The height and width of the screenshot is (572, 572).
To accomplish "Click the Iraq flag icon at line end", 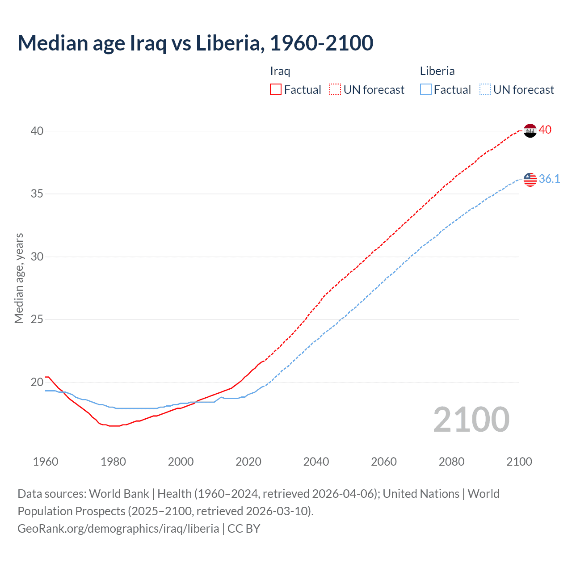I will (x=530, y=130).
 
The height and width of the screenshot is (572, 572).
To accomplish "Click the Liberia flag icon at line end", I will (x=530, y=179).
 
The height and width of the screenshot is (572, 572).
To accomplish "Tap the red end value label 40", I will (x=545, y=130).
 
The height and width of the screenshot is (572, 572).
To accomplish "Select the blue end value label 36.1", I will (x=549, y=179).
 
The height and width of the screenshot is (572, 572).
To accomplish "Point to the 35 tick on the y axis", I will (x=37, y=194).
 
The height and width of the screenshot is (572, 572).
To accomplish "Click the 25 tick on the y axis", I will (x=37, y=320).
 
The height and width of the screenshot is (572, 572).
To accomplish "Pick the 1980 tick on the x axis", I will (x=113, y=462).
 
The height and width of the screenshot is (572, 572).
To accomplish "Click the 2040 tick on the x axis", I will (x=316, y=462).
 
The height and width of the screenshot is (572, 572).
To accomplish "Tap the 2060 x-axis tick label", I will (x=384, y=462).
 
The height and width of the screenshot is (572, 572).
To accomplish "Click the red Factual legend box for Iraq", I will (x=276, y=90).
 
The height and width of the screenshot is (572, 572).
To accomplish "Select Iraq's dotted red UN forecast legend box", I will (x=335, y=90).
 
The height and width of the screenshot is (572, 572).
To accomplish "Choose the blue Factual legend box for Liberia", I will (x=426, y=90).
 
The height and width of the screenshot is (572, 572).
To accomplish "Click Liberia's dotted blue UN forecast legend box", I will (x=485, y=90).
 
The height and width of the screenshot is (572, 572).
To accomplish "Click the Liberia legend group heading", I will (x=437, y=71).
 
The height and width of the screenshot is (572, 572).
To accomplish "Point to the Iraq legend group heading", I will (x=280, y=71).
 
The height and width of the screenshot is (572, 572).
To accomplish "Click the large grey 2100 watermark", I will (x=471, y=420).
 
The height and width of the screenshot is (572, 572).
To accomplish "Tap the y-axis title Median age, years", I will (x=19, y=278).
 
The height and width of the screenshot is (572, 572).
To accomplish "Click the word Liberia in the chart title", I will (x=228, y=43).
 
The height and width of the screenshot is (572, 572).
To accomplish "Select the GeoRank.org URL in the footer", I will (x=118, y=529).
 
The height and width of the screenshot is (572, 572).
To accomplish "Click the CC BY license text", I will (x=244, y=529).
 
